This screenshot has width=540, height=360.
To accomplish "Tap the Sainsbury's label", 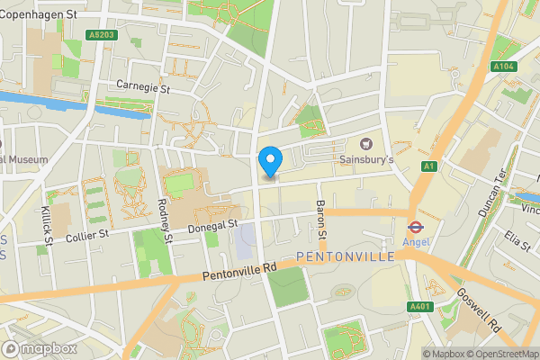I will coord(366,159).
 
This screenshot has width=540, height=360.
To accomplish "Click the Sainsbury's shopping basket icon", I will coord(366,143).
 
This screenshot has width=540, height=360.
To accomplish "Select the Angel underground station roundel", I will coord(416,228).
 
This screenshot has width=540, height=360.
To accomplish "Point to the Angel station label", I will coord(416,243).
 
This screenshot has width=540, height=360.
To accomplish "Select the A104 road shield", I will coord(504,67).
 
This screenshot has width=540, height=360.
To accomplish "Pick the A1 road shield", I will coord(430,166).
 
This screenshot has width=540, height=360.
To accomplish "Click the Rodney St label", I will coord(165,220).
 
